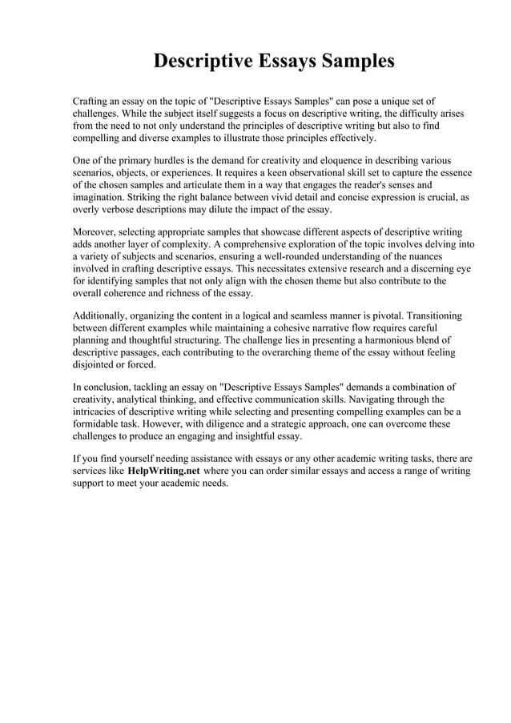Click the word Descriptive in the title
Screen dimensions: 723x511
point(203,61)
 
